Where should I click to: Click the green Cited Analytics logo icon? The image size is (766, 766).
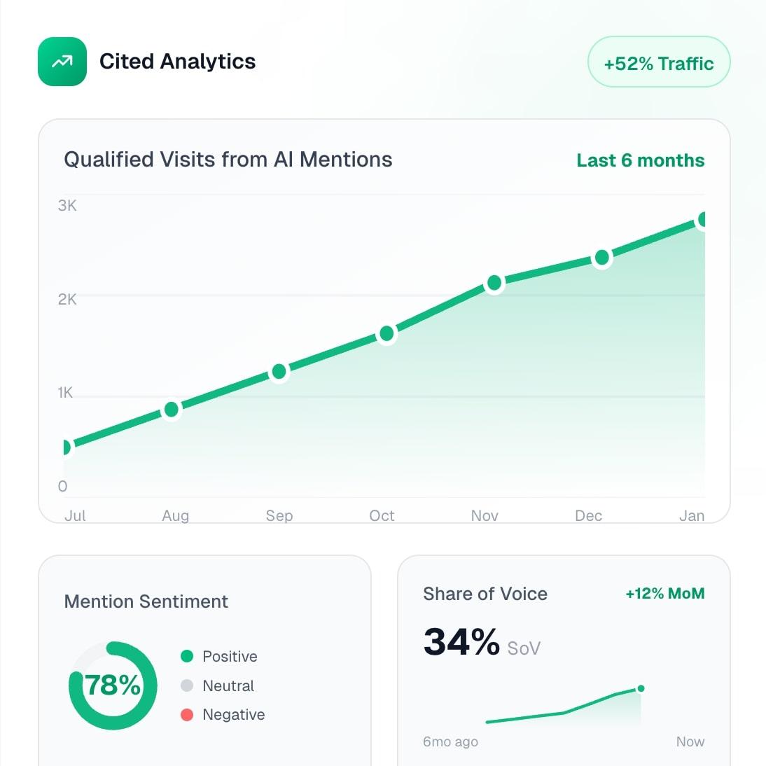click(x=62, y=62)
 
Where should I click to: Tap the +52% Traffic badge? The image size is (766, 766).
click(x=658, y=63)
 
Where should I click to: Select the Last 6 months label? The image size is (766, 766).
click(x=640, y=160)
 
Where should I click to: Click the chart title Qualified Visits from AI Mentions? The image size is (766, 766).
click(x=228, y=160)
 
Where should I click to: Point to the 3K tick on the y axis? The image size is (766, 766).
click(x=67, y=206)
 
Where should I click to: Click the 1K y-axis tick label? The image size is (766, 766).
click(x=65, y=393)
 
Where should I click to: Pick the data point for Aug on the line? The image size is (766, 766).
click(x=172, y=410)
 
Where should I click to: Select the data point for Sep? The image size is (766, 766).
click(x=279, y=371)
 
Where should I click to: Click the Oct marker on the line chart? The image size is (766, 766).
click(x=387, y=334)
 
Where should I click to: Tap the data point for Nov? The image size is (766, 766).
click(x=494, y=283)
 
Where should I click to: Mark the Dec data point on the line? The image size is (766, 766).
click(x=601, y=258)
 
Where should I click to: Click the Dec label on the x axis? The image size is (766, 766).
click(x=588, y=516)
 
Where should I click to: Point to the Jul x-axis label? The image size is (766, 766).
click(x=75, y=516)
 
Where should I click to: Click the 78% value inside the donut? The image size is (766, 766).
click(x=113, y=685)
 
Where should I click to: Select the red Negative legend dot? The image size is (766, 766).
click(x=187, y=715)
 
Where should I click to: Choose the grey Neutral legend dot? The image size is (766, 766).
click(x=187, y=685)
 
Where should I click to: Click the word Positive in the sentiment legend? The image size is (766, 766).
click(x=230, y=657)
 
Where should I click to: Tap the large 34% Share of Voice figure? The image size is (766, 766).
click(x=461, y=641)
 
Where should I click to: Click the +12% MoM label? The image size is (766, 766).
click(x=664, y=594)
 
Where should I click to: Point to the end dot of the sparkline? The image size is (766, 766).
click(x=641, y=688)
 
